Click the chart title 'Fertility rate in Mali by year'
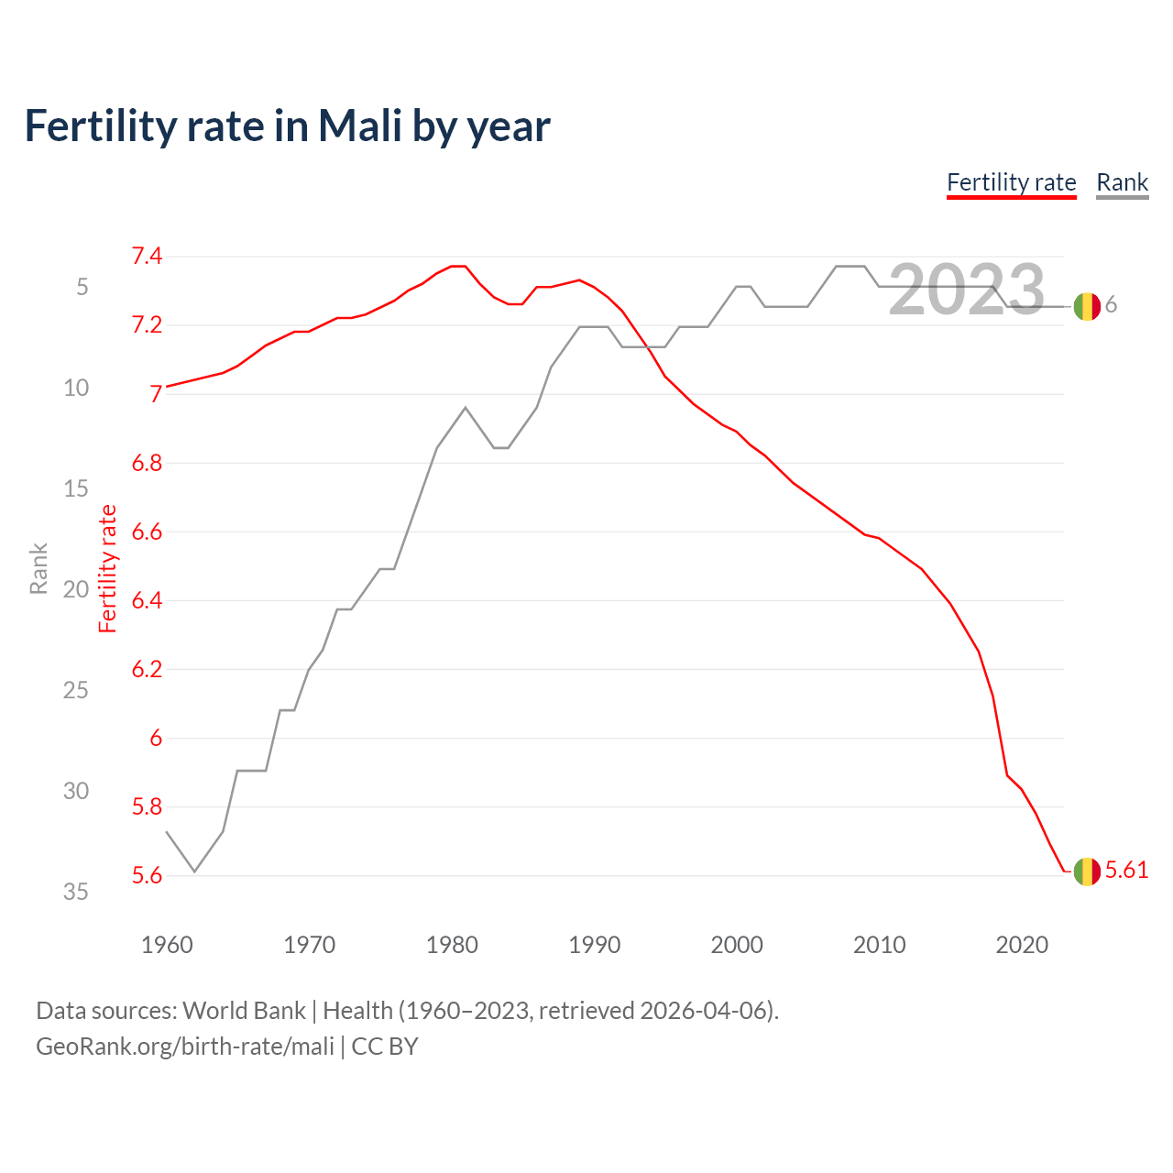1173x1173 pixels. tap(287, 126)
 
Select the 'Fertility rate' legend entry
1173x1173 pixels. tap(1011, 182)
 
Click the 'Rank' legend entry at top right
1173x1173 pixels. tap(1122, 182)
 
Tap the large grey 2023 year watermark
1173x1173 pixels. tap(967, 290)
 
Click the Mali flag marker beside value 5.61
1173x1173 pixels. tap(1087, 872)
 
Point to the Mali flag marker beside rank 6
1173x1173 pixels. tap(1087, 306)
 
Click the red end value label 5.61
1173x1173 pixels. tap(1126, 870)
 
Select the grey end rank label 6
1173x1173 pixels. tap(1111, 305)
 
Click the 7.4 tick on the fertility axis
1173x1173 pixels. tap(147, 257)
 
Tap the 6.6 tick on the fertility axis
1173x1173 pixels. tap(147, 532)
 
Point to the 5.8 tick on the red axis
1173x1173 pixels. tap(147, 807)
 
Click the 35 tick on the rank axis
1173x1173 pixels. tap(76, 892)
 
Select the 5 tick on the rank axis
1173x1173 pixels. tap(82, 288)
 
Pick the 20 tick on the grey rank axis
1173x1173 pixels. tap(76, 589)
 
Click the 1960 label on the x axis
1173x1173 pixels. tap(167, 945)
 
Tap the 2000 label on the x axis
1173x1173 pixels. tap(737, 945)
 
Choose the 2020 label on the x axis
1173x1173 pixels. tap(1022, 945)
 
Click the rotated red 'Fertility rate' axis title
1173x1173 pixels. tap(108, 568)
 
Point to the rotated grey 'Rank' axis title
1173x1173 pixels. tap(38, 568)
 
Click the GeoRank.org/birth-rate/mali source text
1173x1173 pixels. tap(185, 1047)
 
